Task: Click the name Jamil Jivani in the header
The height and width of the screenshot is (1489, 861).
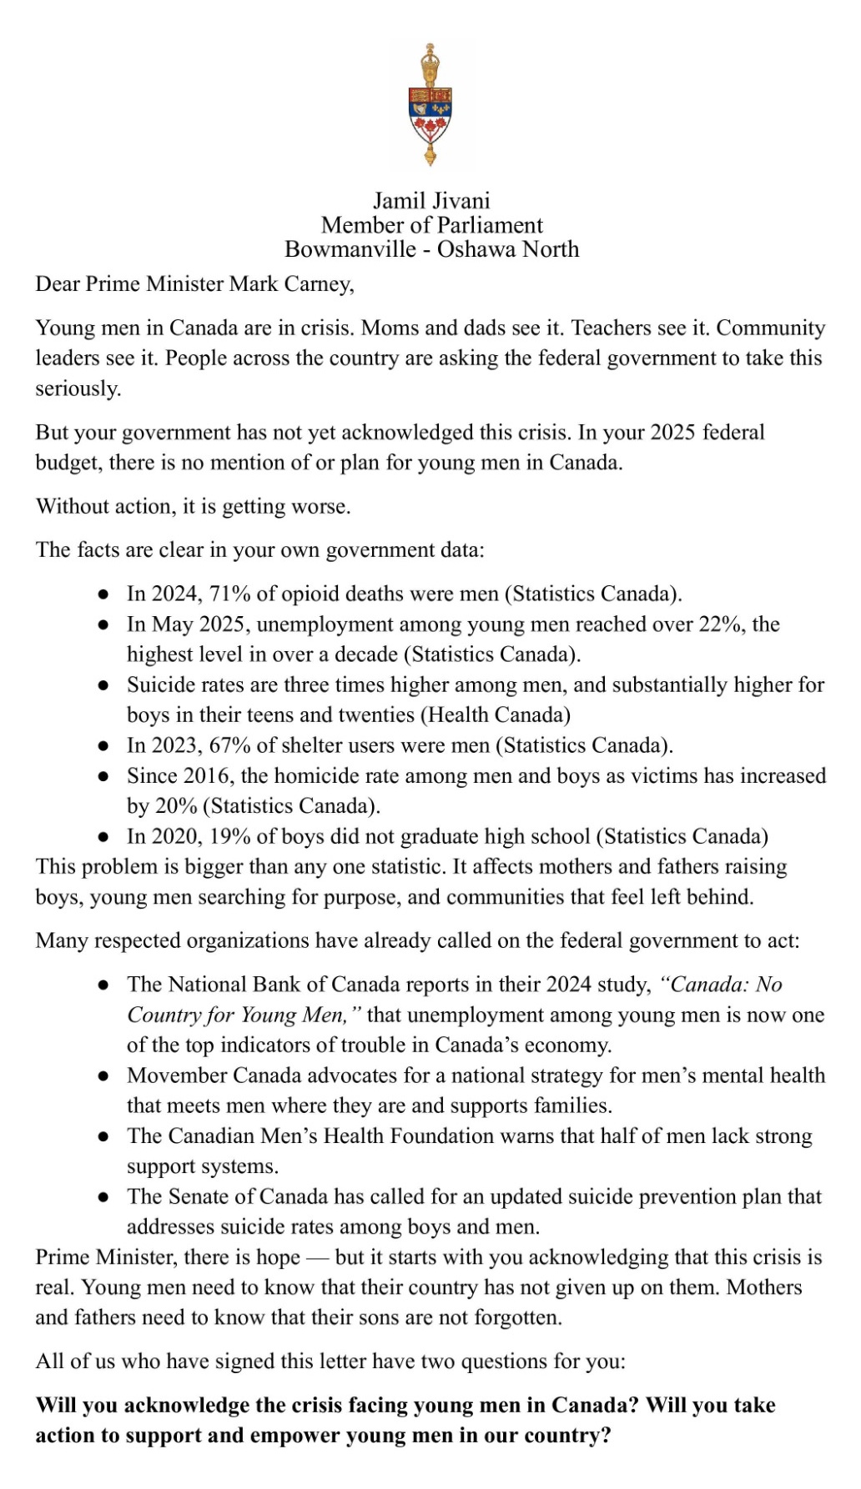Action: point(431,201)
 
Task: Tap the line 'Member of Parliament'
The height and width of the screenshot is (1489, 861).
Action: point(431,225)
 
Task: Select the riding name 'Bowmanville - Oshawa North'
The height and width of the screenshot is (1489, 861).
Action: point(431,249)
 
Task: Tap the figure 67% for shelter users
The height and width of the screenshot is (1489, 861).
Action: point(230,745)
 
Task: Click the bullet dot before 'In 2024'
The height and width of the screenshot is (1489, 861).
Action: point(103,594)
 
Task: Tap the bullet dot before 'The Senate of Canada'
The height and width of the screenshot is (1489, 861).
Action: point(103,1197)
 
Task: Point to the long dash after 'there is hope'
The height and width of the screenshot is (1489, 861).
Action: point(318,1257)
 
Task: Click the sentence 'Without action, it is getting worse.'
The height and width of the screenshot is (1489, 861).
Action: point(193,507)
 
